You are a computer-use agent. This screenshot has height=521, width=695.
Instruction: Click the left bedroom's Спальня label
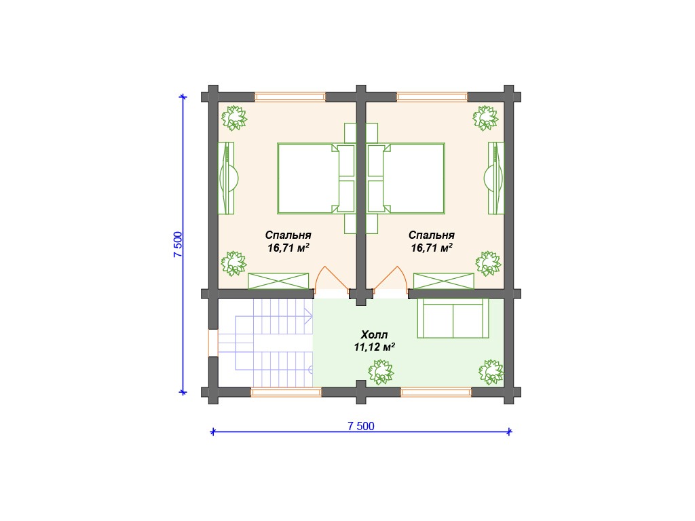[288, 235]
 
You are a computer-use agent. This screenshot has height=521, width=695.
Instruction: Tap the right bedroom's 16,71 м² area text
[431, 248]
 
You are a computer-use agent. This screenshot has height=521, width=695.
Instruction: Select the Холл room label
[374, 334]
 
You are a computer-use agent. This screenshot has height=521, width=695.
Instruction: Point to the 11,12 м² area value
[374, 347]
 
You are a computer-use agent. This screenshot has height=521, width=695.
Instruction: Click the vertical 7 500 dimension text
[178, 244]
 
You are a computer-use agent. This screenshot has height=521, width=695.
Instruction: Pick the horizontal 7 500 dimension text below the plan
[361, 426]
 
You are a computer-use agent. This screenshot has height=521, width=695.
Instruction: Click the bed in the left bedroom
[316, 178]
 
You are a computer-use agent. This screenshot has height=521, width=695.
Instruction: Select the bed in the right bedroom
[406, 178]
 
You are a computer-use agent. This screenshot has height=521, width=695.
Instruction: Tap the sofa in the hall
[453, 318]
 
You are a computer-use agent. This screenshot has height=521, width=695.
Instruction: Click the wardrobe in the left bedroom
[278, 282]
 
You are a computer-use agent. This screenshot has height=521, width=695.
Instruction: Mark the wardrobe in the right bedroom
[444, 282]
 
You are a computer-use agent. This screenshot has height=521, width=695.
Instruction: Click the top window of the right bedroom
[432, 97]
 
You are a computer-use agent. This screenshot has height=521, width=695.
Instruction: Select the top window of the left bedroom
[290, 97]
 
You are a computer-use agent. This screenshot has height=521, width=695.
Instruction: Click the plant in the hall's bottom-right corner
[491, 372]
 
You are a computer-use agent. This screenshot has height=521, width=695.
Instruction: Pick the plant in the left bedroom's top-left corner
[234, 118]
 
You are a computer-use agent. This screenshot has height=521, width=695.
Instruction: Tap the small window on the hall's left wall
[212, 343]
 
